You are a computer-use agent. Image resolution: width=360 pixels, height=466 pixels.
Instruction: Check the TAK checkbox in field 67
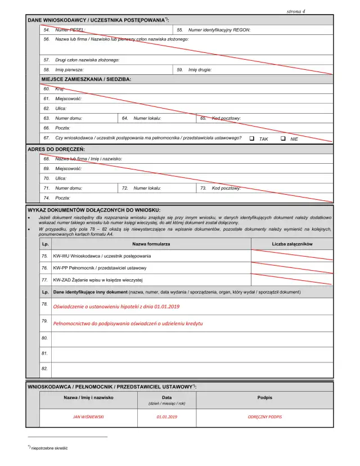point(252,138)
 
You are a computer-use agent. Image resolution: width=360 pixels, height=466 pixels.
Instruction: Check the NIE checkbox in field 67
point(283,138)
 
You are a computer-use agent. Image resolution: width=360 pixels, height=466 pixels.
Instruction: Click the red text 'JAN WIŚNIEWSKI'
point(89,417)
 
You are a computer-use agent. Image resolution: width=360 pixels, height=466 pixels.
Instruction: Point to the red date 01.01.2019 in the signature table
point(166,417)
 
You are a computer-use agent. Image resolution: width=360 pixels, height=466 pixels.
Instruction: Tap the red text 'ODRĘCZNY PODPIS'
point(264,417)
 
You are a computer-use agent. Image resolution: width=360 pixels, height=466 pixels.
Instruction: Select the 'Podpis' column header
point(264,397)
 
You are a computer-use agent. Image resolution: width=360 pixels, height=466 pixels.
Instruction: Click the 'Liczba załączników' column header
point(292,244)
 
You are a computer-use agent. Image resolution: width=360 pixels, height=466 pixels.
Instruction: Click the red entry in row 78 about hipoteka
point(116,307)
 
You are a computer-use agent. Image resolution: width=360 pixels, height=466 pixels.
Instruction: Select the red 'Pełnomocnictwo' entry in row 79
point(120,324)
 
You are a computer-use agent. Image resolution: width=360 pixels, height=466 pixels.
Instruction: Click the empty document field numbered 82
point(191,369)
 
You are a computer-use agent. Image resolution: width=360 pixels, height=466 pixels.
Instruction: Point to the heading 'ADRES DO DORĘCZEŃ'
point(56,149)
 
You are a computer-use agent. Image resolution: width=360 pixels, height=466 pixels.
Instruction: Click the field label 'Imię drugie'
point(200,70)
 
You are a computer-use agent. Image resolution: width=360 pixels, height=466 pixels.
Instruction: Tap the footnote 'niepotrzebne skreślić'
point(49,448)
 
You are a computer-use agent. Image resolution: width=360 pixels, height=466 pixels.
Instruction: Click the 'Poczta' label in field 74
point(62,198)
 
